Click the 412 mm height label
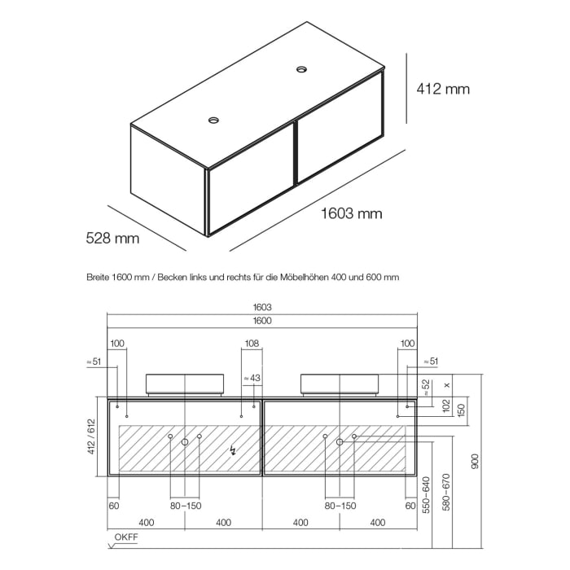443,89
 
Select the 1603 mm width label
349,214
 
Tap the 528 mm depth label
112,239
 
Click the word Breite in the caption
99,277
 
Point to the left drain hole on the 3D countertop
213,121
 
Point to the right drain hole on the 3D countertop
303,70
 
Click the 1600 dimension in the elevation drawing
261,321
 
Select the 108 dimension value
251,344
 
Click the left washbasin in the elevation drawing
185,383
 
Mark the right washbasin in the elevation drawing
339,383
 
